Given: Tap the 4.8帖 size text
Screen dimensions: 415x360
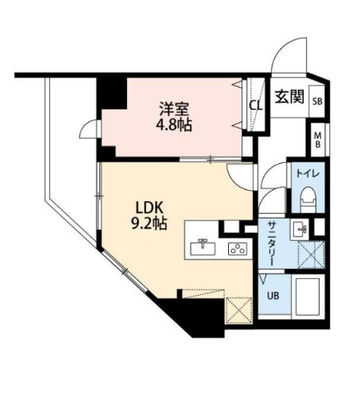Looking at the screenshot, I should (x=172, y=125).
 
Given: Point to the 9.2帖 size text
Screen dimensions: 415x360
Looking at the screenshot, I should (x=149, y=224).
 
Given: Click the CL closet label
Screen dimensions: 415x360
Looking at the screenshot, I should (x=256, y=105).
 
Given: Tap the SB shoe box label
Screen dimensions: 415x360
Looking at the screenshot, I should (x=317, y=102).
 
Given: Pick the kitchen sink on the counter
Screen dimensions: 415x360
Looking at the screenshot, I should (x=203, y=246).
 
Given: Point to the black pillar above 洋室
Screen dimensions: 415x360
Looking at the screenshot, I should (x=111, y=91).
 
